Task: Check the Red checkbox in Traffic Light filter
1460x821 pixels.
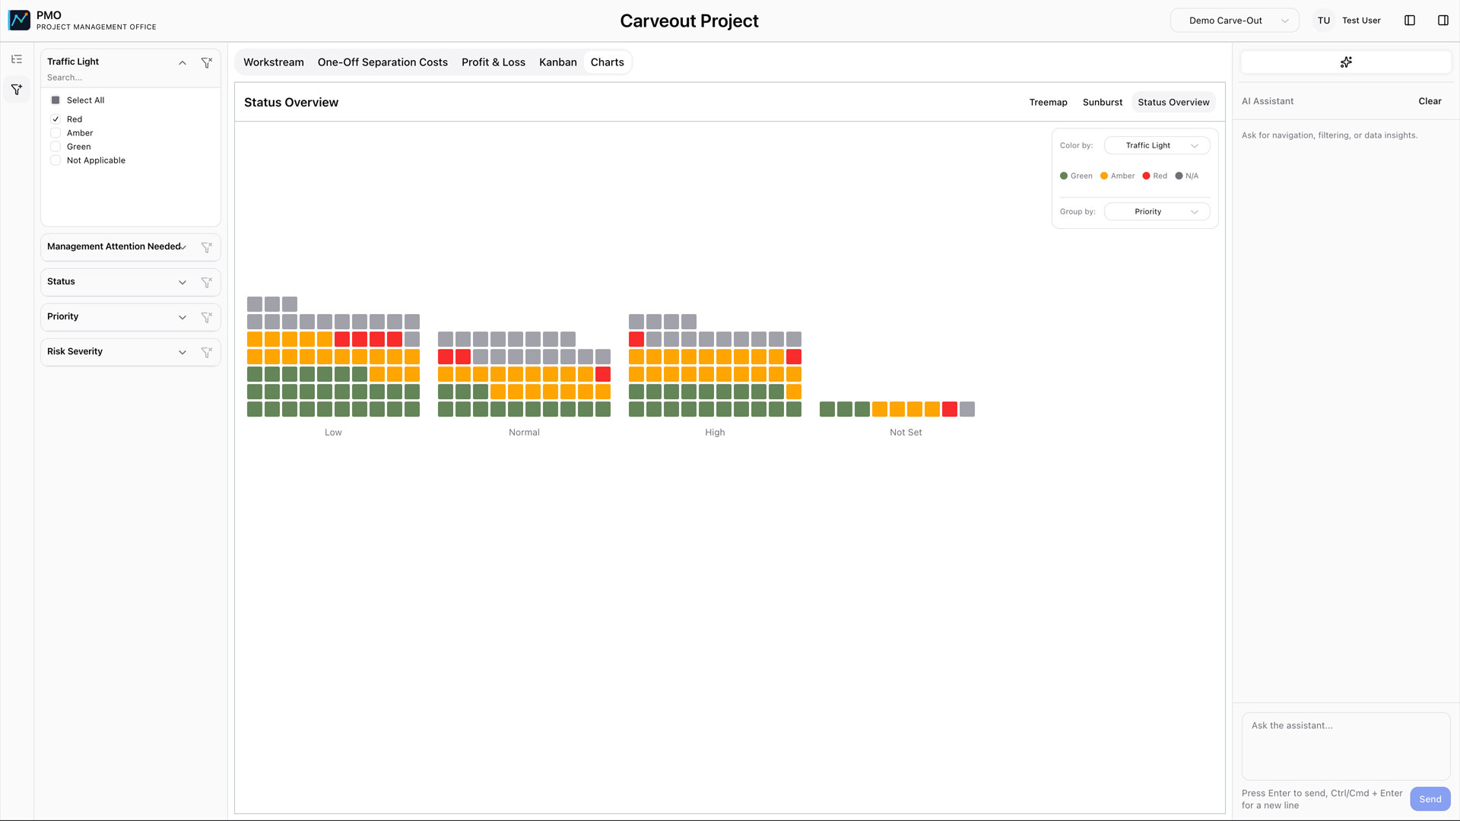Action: pos(56,119)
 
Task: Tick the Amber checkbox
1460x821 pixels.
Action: pos(56,133)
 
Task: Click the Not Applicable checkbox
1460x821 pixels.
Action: pos(56,160)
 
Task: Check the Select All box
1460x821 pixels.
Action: pos(56,100)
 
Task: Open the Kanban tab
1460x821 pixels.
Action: pos(557,62)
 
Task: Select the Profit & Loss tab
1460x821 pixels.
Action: pos(493,62)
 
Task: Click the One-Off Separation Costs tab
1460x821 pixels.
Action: pos(382,62)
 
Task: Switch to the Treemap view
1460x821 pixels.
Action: pos(1048,103)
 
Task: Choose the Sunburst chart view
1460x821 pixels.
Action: pos(1102,103)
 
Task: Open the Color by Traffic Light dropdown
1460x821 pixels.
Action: pos(1157,145)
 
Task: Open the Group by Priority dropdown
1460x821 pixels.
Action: pos(1157,211)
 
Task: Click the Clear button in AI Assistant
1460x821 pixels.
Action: pos(1430,101)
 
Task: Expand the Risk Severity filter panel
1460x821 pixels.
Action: pos(182,352)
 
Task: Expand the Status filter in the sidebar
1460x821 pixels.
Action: pos(182,282)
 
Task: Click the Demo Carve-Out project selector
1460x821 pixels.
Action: pos(1234,21)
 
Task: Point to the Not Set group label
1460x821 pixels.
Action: pos(906,433)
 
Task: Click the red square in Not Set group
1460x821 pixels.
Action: pos(950,410)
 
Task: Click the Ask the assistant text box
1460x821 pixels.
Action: pos(1345,745)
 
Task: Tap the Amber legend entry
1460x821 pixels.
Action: pos(1117,176)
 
